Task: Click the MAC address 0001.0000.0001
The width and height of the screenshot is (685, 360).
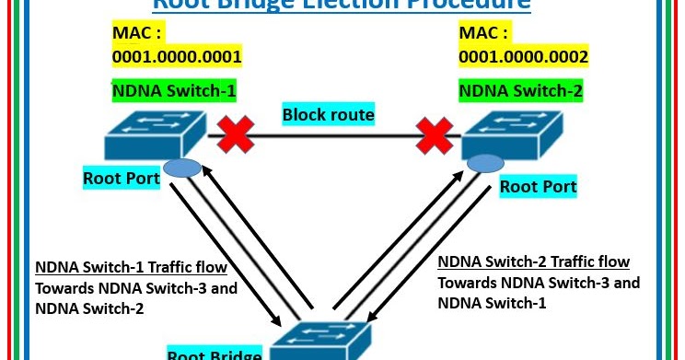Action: [x=177, y=57]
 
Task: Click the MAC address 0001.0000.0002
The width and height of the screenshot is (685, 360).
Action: [x=524, y=57]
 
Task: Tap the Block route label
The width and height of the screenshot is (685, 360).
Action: [x=328, y=115]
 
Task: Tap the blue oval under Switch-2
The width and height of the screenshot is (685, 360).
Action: [x=485, y=163]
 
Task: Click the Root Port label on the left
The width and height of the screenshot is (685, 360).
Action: [x=121, y=179]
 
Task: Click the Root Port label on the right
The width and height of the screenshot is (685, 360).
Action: [x=538, y=187]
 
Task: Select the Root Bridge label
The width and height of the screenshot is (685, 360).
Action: [x=215, y=354]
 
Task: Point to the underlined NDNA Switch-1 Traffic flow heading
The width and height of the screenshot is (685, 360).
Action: [x=131, y=268]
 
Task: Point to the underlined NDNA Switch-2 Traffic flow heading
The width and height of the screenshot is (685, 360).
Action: [x=533, y=261]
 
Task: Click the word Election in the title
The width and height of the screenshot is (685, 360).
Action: [x=350, y=5]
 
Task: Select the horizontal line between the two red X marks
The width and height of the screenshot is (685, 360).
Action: [x=334, y=138]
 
